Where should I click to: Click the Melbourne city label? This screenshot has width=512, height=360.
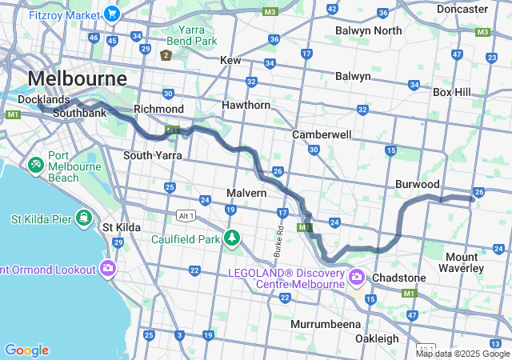coord(77,79)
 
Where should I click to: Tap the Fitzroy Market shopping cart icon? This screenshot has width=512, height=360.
coord(111,14)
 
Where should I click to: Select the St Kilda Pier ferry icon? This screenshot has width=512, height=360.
coord(83,218)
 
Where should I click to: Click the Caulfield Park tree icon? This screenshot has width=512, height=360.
coord(232,238)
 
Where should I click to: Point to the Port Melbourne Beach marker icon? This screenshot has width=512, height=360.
coord(36,165)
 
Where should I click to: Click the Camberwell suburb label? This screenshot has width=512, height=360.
coord(322,134)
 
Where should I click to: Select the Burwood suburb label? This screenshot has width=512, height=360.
coord(418,184)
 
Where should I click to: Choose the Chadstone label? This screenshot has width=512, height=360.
coord(399,277)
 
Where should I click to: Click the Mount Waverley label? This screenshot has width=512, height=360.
coord(464,262)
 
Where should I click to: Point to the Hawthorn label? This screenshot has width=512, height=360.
coord(246,105)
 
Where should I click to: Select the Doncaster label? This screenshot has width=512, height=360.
coord(462,9)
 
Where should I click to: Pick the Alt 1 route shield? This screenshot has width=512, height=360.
coord(186,215)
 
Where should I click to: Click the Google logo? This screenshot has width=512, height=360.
coord(26,350)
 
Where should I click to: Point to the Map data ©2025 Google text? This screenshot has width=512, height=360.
coord(462,354)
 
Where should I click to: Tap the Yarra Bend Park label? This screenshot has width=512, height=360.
coord(190,35)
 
